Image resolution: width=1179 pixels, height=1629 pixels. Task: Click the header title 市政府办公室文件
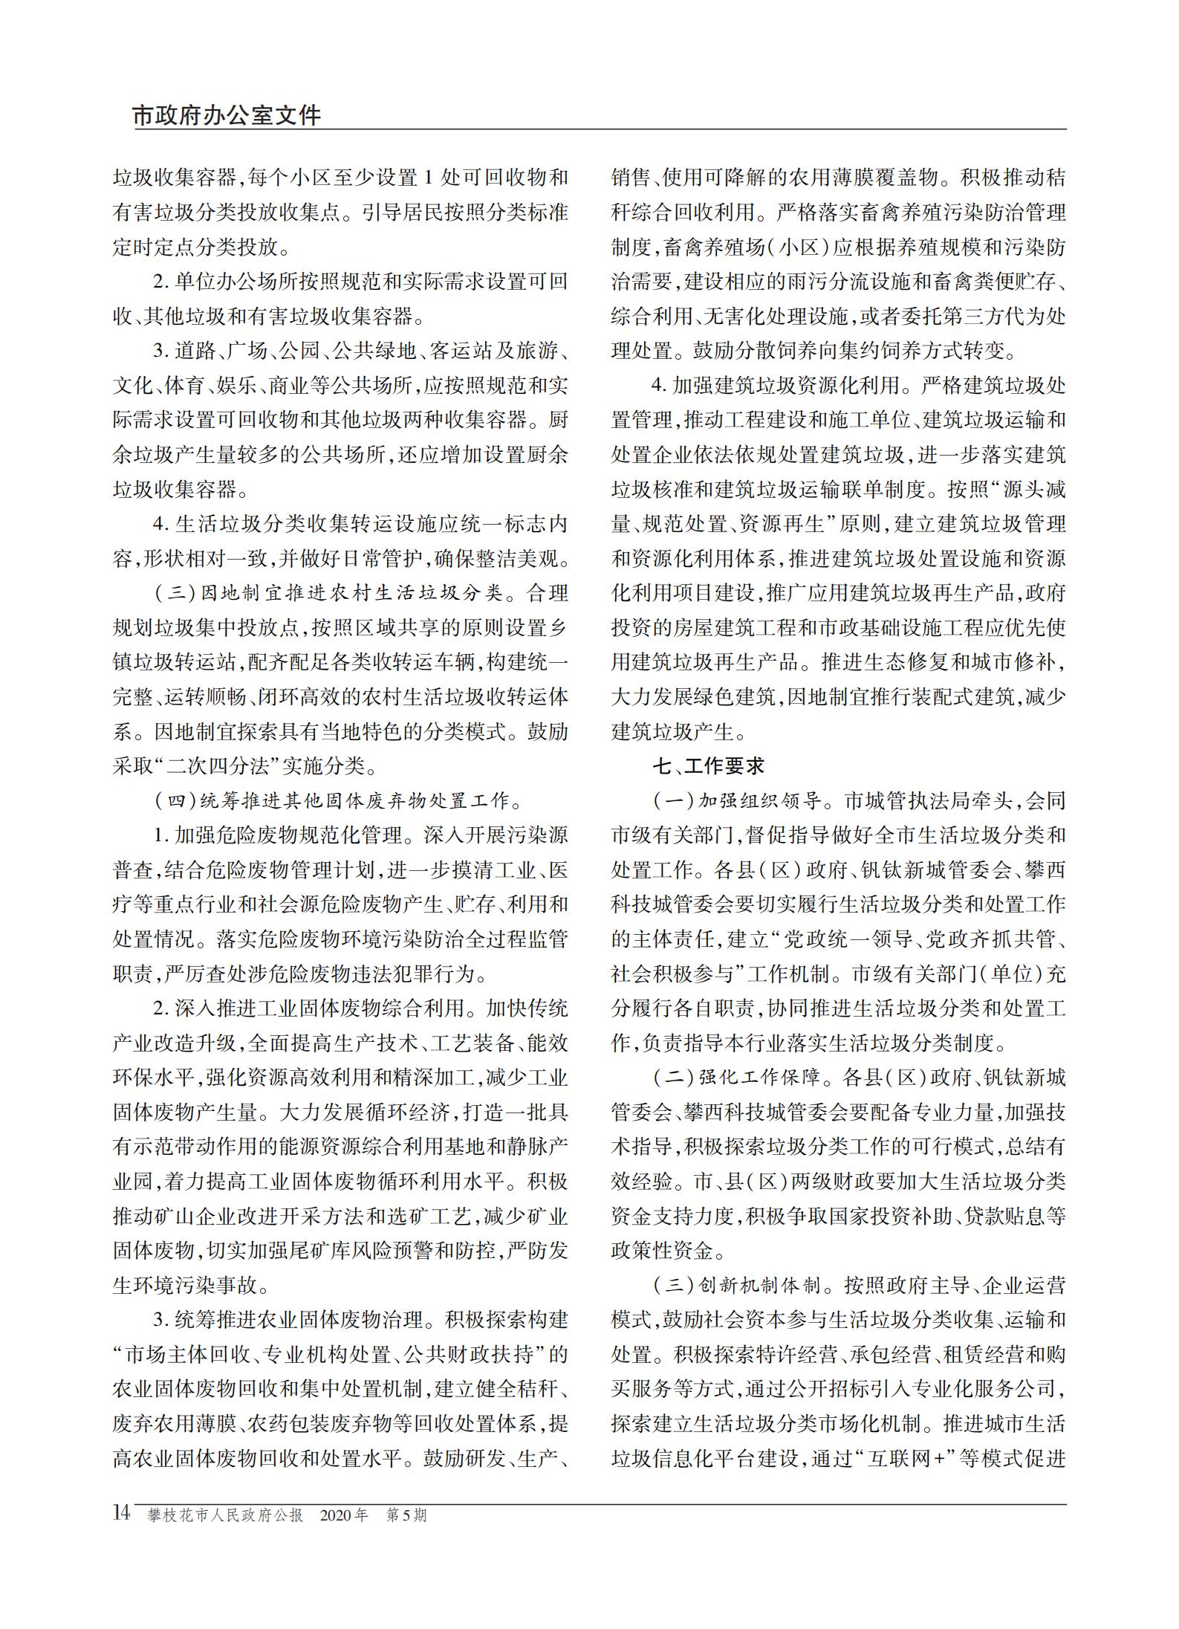point(226,116)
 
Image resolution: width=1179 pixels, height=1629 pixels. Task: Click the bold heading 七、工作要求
point(707,766)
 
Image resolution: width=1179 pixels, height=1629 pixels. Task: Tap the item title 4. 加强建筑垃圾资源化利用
point(776,386)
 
